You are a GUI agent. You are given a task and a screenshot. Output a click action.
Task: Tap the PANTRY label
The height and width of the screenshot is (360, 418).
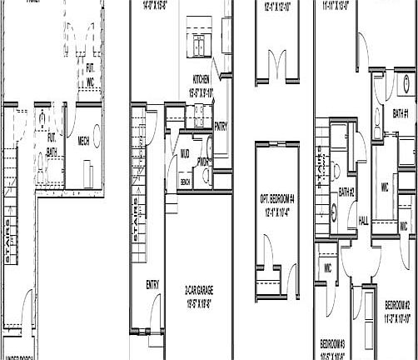(221, 127)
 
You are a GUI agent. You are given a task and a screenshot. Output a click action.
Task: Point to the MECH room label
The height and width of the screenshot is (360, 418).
(83, 142)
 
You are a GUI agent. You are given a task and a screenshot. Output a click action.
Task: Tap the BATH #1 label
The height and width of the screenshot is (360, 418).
(401, 112)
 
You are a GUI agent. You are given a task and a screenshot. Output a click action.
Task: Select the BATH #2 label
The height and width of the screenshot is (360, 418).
(347, 192)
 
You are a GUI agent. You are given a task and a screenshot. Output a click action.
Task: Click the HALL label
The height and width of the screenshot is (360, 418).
(363, 220)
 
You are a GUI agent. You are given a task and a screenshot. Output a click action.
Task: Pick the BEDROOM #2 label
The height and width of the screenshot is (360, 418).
(401, 305)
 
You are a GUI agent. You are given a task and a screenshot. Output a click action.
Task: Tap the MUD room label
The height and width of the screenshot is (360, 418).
(184, 154)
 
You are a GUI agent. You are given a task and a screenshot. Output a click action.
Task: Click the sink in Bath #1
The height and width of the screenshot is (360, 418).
(406, 84)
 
